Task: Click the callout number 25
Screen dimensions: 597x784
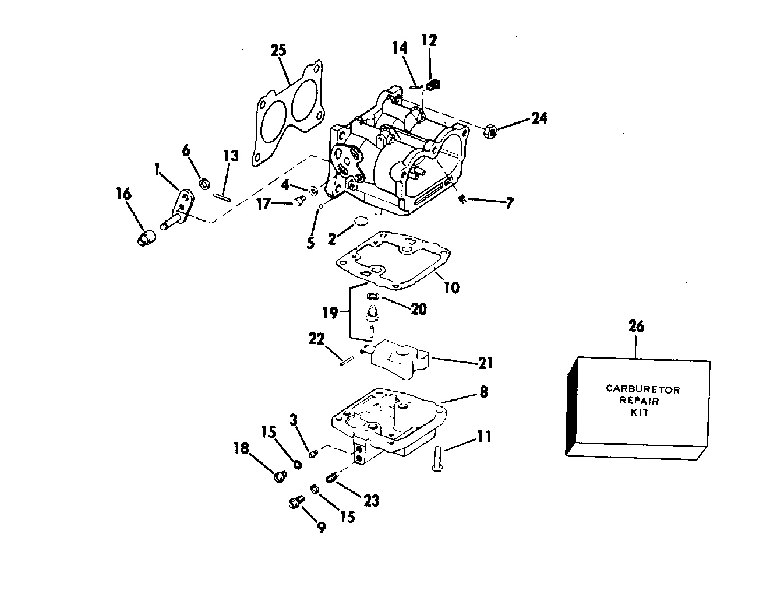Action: point(278,51)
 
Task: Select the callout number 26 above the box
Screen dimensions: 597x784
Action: point(637,326)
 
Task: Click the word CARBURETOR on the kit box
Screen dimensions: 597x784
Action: point(642,389)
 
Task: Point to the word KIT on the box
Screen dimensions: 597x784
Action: point(639,412)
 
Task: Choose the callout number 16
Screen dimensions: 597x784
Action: point(123,194)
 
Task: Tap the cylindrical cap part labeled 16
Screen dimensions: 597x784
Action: point(146,238)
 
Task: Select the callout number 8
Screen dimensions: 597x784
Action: point(483,392)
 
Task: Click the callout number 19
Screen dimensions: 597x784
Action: point(330,313)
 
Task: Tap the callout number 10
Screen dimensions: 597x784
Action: point(451,287)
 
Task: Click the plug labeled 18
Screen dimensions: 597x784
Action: point(279,476)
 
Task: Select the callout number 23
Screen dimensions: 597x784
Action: point(372,500)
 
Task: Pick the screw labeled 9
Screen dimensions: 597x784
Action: point(296,503)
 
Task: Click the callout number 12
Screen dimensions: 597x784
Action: point(429,40)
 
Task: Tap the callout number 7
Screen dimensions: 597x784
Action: point(510,203)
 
